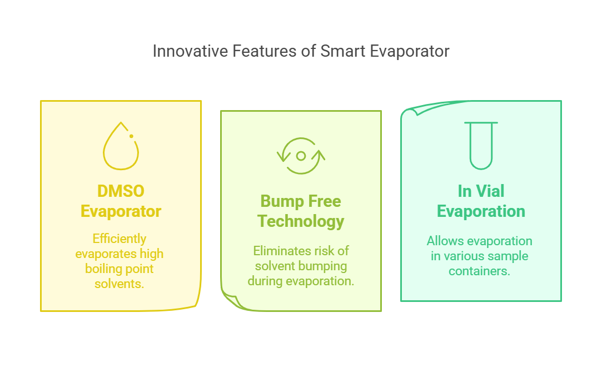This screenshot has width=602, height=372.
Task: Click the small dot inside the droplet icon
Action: point(131,136)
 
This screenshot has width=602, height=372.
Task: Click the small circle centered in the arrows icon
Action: point(301,156)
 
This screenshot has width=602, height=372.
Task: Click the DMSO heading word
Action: point(121,191)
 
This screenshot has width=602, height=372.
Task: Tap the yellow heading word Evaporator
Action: point(121,211)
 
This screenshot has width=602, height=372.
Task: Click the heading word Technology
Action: point(301,221)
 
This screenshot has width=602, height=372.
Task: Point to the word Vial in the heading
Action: point(490,191)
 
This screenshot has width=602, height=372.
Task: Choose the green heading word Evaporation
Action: point(481,211)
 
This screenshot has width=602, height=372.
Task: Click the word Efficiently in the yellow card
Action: point(120,239)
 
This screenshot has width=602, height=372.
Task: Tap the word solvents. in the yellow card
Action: point(120,284)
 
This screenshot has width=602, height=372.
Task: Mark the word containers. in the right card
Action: point(480,271)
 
